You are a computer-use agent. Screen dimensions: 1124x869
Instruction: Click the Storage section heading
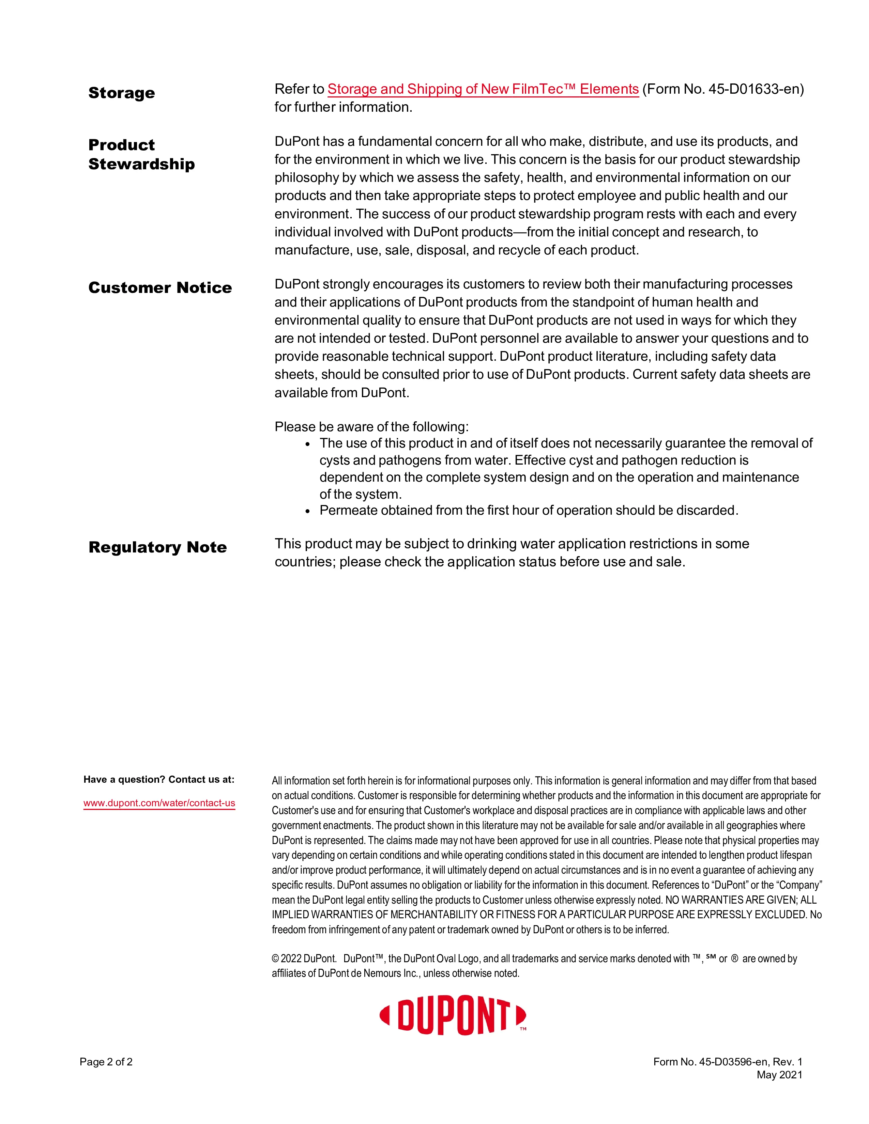point(122,93)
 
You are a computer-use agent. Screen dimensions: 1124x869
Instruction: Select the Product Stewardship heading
point(141,154)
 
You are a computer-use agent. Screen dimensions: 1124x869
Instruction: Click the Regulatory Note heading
point(157,547)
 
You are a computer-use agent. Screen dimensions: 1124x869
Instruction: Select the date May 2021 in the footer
point(779,1075)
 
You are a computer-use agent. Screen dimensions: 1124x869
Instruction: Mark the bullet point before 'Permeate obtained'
point(308,511)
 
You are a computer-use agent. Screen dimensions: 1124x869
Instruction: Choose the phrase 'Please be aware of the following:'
point(371,427)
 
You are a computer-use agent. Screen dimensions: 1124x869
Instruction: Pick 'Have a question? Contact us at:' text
point(158,779)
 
